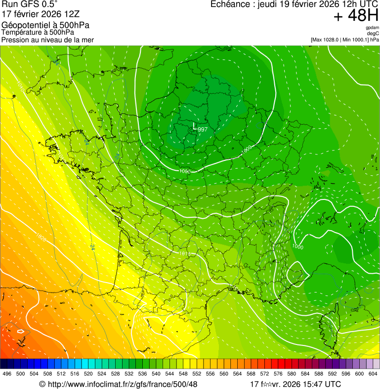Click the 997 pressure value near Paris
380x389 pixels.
pos(203,130)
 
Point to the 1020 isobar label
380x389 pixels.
pos(42,239)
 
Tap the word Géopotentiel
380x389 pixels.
pos(26,25)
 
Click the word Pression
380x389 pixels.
pos(15,40)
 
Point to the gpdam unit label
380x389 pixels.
pos(373,28)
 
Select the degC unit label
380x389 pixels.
pos(373,33)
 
